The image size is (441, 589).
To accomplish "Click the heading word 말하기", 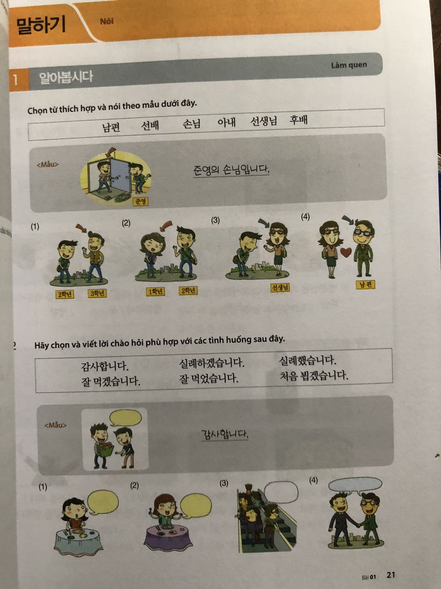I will coord(41,25).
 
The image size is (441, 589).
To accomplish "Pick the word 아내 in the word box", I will coord(227,123).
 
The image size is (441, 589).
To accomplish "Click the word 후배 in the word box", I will coord(298,120).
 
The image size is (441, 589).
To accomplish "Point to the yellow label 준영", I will coord(140,201).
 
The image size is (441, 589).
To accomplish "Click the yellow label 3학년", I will coord(97,293).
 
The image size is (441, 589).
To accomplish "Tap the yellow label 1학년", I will coord(155,291).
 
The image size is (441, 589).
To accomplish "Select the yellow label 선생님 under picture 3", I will coord(280,287).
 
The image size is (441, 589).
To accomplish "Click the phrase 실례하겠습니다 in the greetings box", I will coord(211,363).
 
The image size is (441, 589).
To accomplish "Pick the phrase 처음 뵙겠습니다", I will coord(313,376).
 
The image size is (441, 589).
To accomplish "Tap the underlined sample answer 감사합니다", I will coord(224,434).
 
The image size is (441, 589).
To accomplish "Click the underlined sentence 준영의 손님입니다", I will coord(231,170).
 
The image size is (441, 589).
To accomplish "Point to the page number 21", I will coord(390,575).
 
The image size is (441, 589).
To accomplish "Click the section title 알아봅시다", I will coord(66,77).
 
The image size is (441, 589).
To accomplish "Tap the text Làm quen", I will coord(348,65).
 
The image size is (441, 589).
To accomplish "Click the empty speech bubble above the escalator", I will coord(281,492).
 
